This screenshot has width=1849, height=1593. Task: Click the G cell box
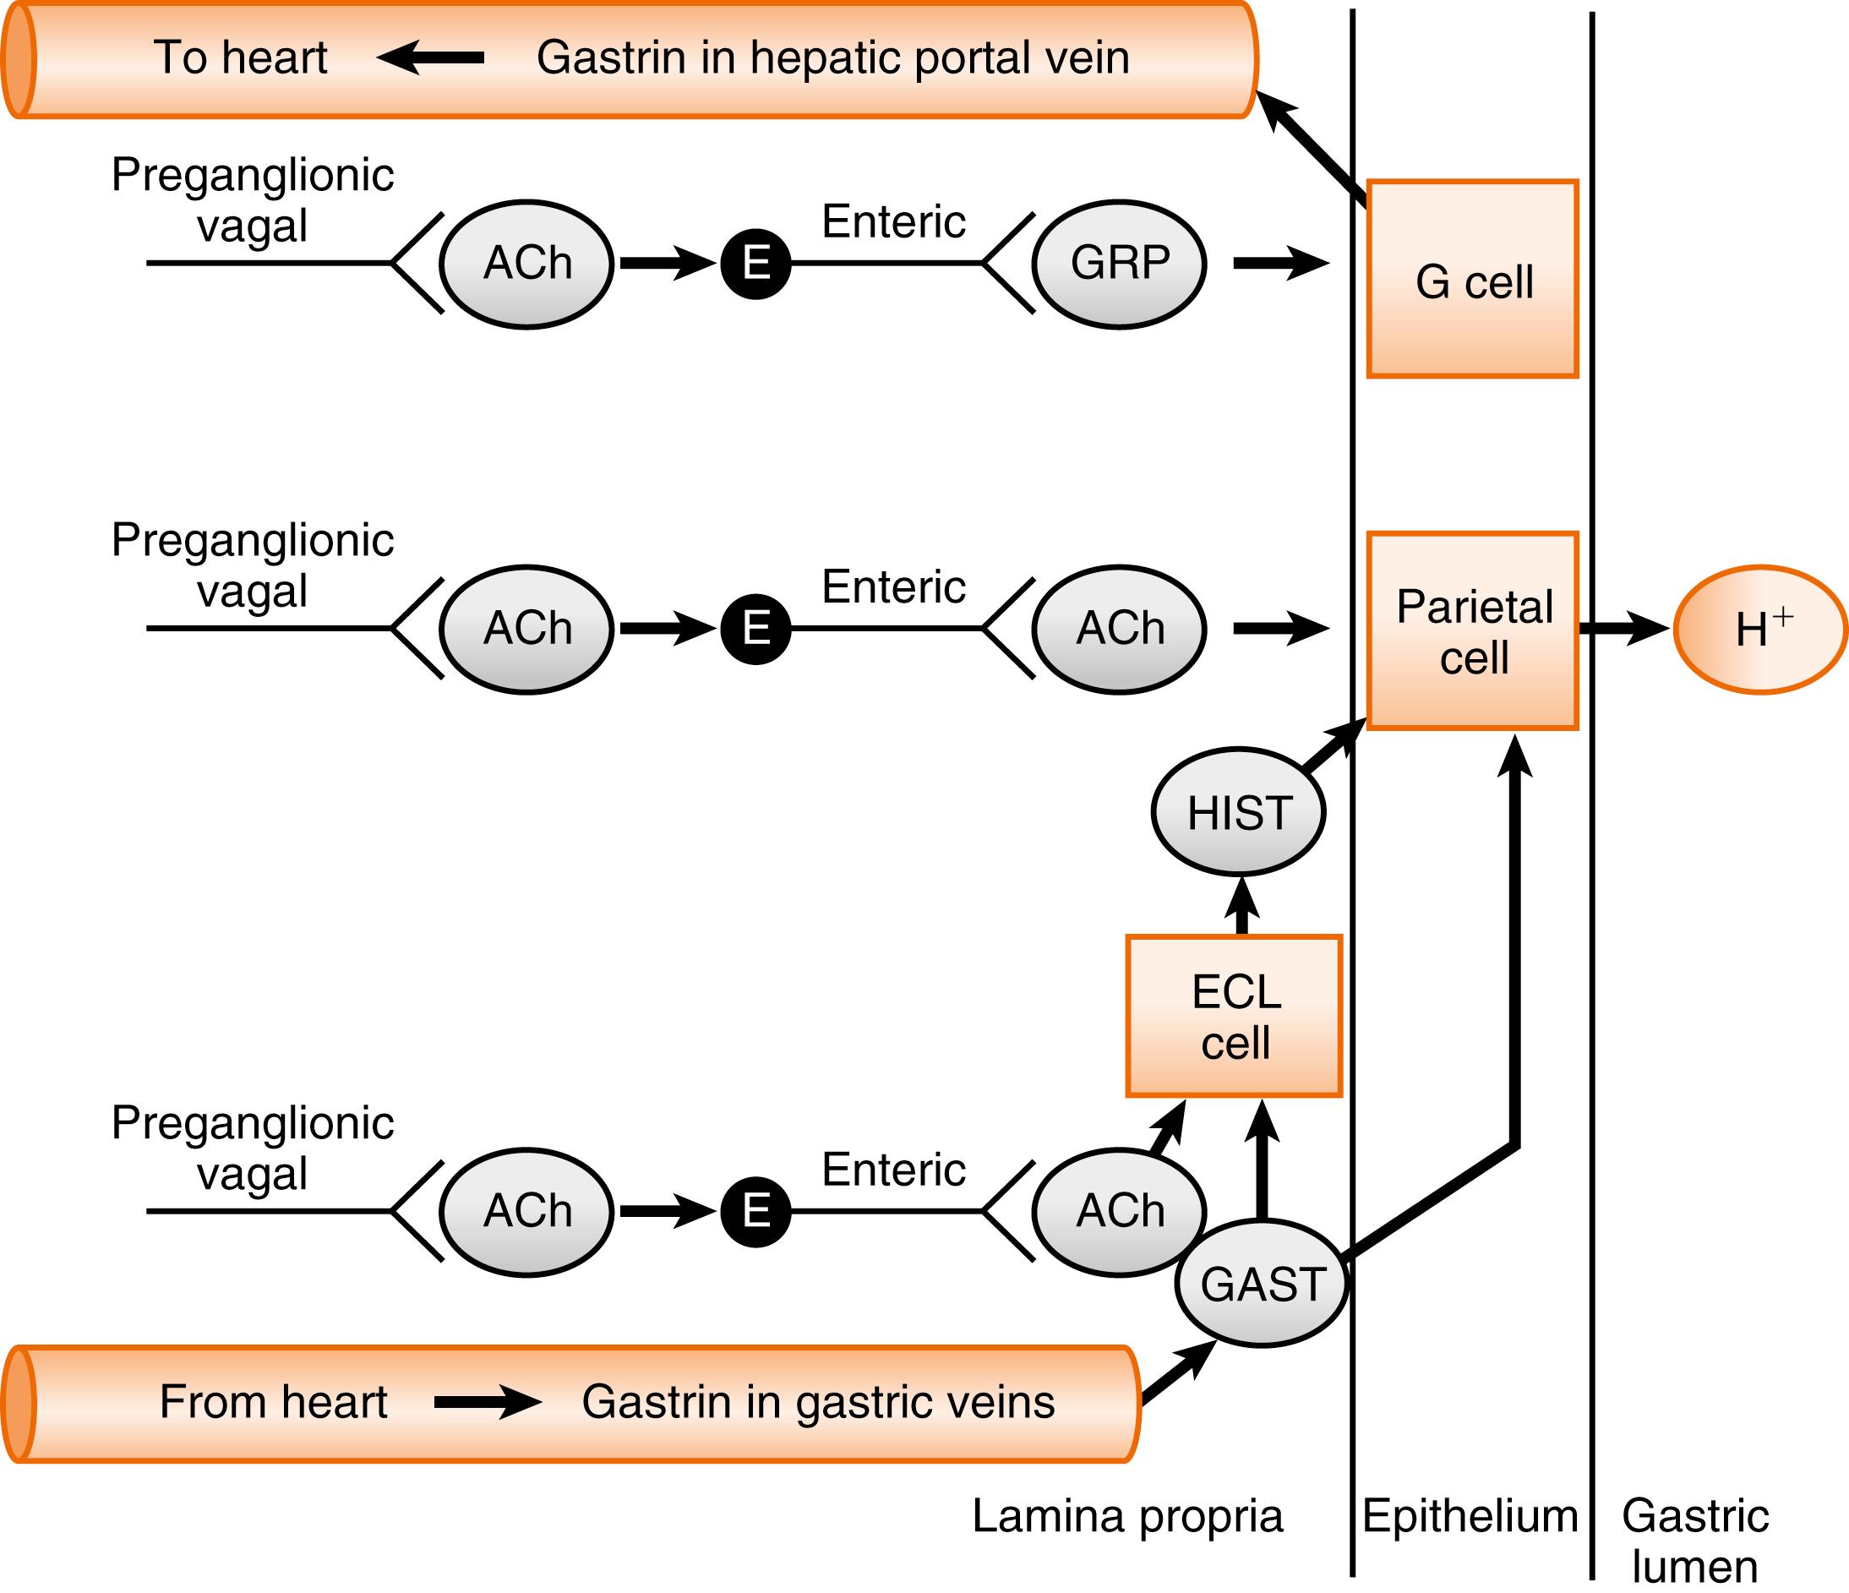click(x=1472, y=280)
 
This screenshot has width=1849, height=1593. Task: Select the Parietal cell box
click(x=1472, y=631)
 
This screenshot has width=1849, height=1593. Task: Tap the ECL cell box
click(x=1234, y=1016)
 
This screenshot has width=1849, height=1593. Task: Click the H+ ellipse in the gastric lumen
click(x=1760, y=630)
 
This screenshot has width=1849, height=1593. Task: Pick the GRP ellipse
click(x=1119, y=265)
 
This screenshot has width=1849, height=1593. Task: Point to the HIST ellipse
click(x=1239, y=812)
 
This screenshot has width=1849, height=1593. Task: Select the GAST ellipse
click(x=1261, y=1285)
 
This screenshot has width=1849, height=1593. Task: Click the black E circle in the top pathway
click(x=755, y=265)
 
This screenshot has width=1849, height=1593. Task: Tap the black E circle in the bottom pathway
click(x=755, y=1211)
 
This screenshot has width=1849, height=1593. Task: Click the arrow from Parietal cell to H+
click(x=1623, y=629)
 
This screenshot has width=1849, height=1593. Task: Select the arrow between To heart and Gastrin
click(x=431, y=58)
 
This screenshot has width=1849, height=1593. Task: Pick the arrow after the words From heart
click(x=488, y=1401)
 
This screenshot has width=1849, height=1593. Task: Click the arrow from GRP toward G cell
click(x=1281, y=264)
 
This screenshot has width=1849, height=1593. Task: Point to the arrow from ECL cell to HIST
click(x=1241, y=908)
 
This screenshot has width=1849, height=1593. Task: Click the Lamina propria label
click(x=1127, y=1515)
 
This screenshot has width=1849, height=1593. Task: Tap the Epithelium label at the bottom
click(x=1470, y=1515)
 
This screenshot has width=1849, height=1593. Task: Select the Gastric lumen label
click(x=1694, y=1540)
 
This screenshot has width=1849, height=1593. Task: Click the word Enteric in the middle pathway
click(x=893, y=586)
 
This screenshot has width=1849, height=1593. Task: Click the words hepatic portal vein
click(x=939, y=58)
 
